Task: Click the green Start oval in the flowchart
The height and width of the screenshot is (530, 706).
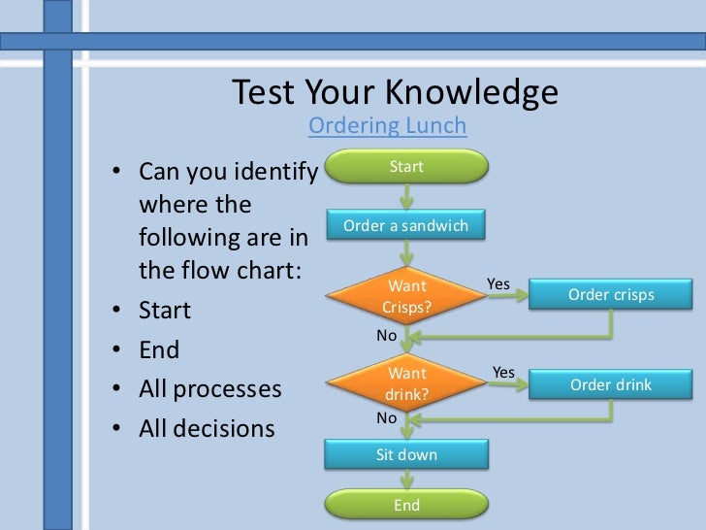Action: click(x=406, y=167)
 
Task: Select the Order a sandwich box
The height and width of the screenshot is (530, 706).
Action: click(x=405, y=226)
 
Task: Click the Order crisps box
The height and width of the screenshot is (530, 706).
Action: click(x=611, y=295)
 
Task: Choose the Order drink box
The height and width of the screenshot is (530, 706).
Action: click(x=611, y=384)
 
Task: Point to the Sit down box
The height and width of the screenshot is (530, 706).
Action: click(x=406, y=454)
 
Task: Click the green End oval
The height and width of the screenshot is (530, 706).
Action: click(x=406, y=505)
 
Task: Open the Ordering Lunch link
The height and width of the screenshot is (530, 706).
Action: click(x=387, y=125)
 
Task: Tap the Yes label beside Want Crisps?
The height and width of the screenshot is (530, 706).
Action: click(x=498, y=283)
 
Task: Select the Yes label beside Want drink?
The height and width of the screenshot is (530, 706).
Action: click(x=503, y=372)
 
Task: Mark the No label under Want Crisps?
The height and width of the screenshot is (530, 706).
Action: click(x=387, y=335)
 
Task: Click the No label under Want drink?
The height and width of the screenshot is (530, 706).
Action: click(x=387, y=417)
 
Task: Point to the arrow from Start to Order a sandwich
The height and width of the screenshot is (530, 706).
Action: click(x=406, y=195)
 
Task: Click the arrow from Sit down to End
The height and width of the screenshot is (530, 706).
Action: click(x=406, y=480)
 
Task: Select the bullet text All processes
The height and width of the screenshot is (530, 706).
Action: click(x=209, y=389)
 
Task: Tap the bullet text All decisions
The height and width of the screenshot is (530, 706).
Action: click(x=207, y=428)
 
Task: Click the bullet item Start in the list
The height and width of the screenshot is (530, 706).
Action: click(x=165, y=311)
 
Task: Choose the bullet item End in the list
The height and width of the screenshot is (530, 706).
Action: click(x=159, y=349)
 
